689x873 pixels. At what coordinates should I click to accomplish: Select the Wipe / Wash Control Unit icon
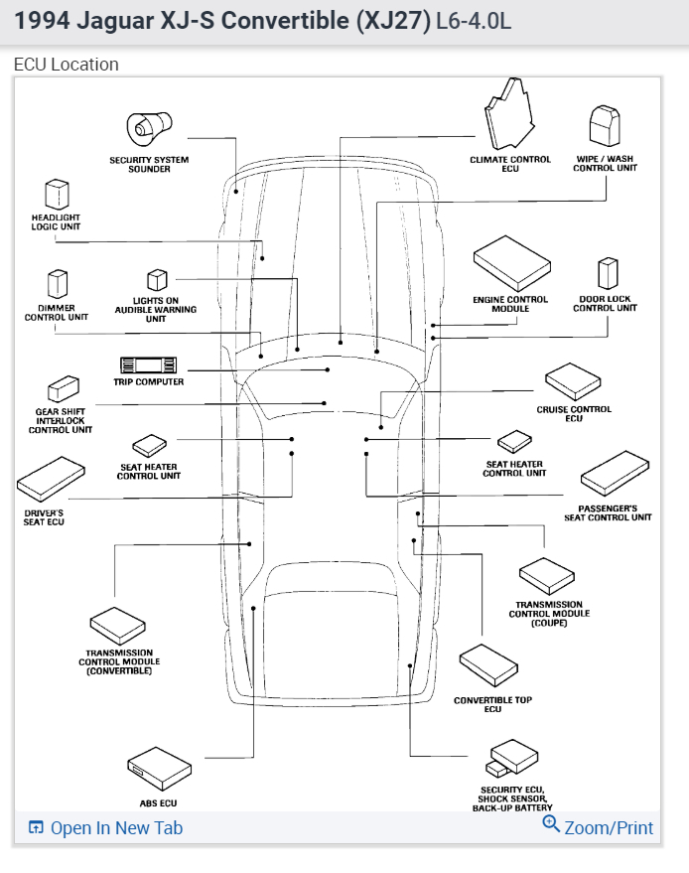[x=605, y=127]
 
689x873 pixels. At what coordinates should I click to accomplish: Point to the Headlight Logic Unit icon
[x=55, y=194]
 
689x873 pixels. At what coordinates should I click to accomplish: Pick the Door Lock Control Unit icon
[x=607, y=274]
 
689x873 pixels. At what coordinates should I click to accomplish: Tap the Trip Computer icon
[x=147, y=364]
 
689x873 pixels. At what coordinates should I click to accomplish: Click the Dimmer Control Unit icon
[x=57, y=284]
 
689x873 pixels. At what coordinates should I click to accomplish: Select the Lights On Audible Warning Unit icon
[x=156, y=281]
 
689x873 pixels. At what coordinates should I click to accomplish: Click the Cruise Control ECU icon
[x=573, y=380]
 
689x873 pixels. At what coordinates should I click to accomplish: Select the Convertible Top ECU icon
[x=491, y=663]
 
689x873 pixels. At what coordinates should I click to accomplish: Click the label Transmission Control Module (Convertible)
[x=119, y=661]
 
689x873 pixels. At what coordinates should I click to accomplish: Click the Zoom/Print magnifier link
[x=598, y=827]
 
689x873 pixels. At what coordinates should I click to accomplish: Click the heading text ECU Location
[x=66, y=65]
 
